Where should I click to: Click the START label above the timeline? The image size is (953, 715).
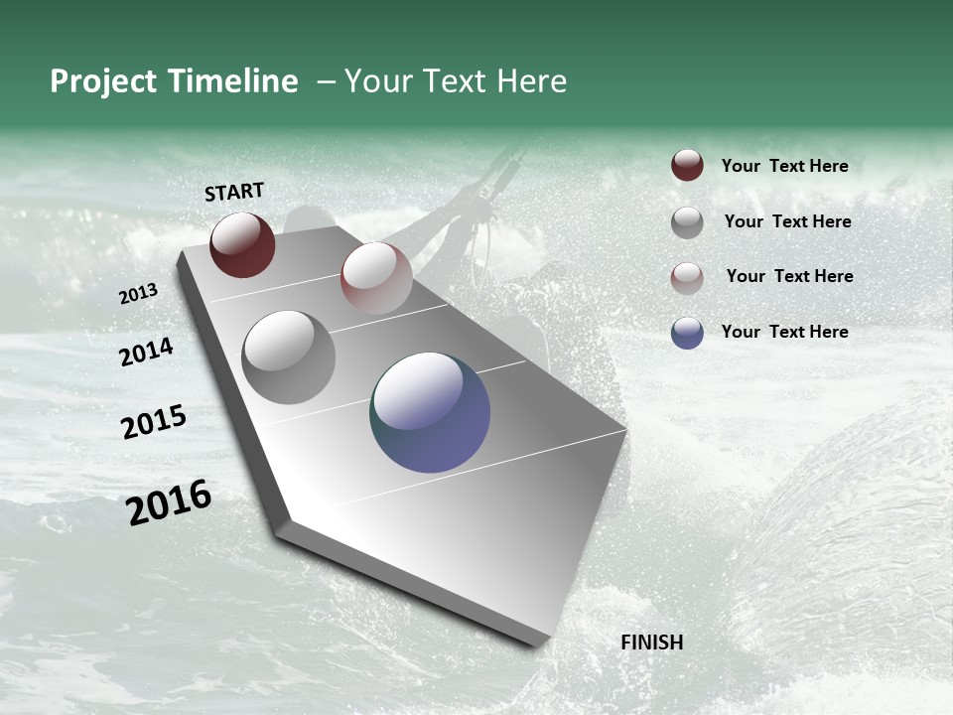[234, 192]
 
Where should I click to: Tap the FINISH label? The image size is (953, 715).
[651, 643]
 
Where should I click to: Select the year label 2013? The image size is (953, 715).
[138, 294]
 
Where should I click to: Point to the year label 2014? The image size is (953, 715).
[146, 352]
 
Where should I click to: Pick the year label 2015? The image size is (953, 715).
[153, 422]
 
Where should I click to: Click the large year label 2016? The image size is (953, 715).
[169, 502]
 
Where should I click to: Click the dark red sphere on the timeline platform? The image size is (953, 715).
[242, 244]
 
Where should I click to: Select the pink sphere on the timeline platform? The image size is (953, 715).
[376, 278]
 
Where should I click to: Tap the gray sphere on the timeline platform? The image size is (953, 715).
[288, 357]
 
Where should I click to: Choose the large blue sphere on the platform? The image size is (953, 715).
[430, 412]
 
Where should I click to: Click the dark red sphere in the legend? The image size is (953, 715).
[687, 166]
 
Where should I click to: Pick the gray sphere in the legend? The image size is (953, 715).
[687, 222]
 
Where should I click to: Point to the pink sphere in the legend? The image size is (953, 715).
[687, 278]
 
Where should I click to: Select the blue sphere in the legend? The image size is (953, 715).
[687, 333]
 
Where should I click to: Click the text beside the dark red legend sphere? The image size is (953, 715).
[784, 166]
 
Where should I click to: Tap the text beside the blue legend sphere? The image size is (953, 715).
[784, 332]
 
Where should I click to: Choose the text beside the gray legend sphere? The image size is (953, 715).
[787, 221]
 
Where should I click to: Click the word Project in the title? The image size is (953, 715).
[103, 81]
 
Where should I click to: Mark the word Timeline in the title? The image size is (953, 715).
[231, 81]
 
